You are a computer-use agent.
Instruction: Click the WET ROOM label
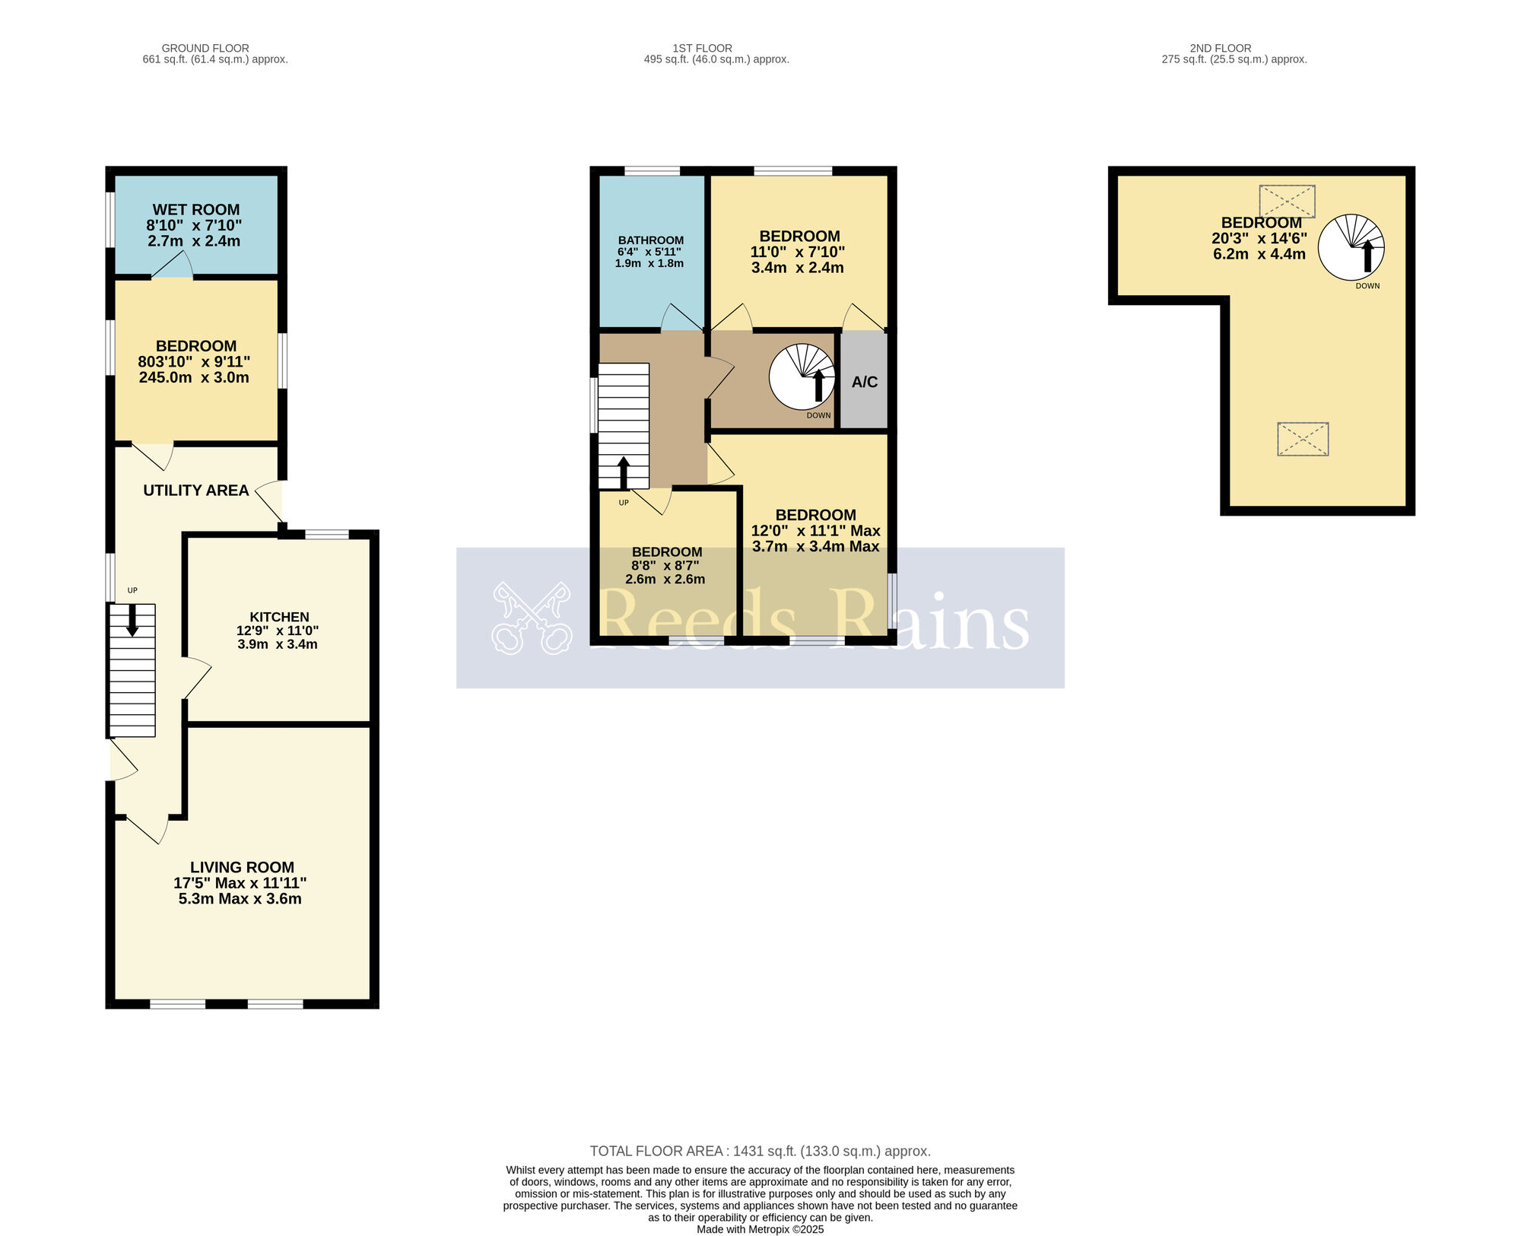click(196, 210)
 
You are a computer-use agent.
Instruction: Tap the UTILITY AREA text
click(196, 491)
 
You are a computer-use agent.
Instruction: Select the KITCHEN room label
click(280, 617)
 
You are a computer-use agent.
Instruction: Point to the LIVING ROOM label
click(242, 867)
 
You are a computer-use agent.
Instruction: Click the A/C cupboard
click(865, 381)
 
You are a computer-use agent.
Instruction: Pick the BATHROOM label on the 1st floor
click(651, 240)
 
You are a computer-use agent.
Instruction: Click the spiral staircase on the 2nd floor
click(1351, 247)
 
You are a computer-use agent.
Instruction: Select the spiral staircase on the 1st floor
click(802, 377)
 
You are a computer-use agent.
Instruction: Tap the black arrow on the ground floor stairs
click(132, 620)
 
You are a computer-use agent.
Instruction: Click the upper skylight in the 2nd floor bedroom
click(1288, 202)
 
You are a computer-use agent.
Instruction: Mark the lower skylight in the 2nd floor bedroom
click(1303, 440)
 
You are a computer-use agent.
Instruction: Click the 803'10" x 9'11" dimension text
click(194, 362)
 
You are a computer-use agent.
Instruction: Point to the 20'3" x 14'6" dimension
click(1259, 238)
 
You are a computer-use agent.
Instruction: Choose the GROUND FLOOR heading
click(205, 48)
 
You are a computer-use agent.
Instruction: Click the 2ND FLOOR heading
click(1221, 48)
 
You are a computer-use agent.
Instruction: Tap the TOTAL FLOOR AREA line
click(760, 1151)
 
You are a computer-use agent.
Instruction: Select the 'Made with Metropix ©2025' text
click(760, 1229)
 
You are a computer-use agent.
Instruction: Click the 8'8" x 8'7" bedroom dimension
click(665, 566)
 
